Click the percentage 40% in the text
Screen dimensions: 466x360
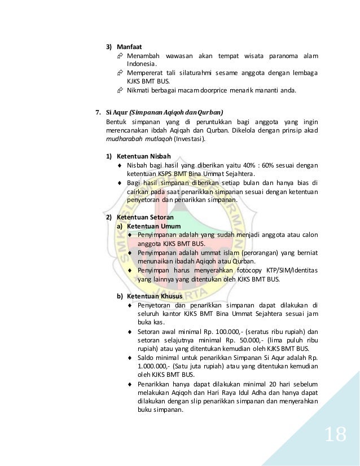pos(244,165)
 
